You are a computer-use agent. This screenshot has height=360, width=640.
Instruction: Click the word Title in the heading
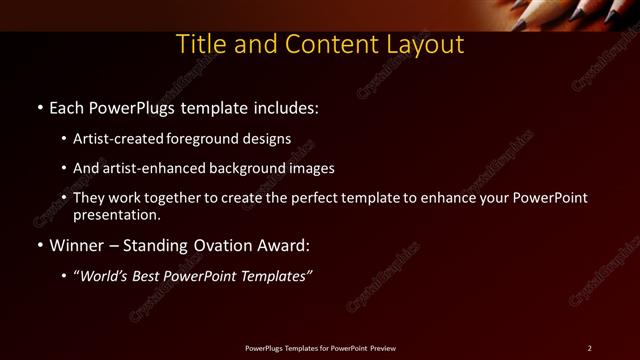201,45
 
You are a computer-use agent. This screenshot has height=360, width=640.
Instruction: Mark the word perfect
306,198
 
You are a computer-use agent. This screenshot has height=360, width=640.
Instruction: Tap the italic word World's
106,277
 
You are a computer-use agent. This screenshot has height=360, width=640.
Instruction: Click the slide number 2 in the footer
589,348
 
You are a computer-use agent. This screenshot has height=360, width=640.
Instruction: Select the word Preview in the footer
382,348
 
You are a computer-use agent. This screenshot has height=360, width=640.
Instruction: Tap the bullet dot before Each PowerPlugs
39,107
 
